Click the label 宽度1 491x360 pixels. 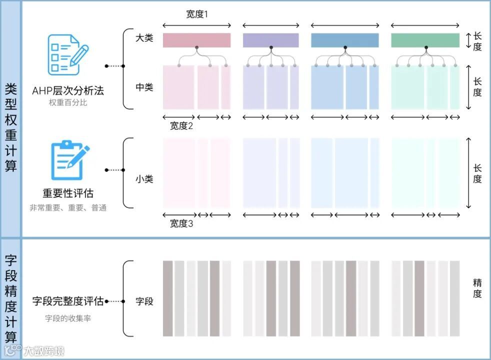coord(196,14)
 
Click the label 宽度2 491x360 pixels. coord(181,126)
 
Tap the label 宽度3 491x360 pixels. coord(181,223)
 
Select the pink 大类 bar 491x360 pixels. coord(196,40)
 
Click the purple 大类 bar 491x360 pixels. coord(270,40)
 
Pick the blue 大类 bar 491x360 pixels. coord(344,40)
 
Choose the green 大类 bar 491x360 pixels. coord(425,40)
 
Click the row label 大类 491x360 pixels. coord(144,37)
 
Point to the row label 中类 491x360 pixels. coord(144,87)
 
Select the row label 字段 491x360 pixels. coord(144,301)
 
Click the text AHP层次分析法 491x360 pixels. coord(68,91)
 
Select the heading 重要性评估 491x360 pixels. coord(68,193)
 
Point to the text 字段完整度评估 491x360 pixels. coord(68,301)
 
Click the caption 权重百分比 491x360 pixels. coord(68,103)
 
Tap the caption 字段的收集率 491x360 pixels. coord(68,318)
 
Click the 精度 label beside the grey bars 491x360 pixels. coord(477,288)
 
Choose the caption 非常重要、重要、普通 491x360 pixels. coord(68,207)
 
